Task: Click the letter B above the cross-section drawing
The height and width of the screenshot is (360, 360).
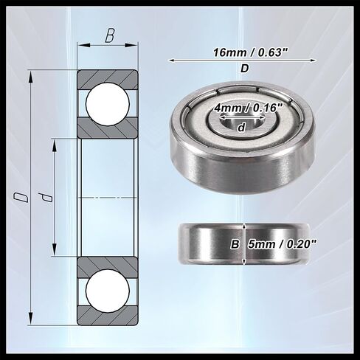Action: (109, 35)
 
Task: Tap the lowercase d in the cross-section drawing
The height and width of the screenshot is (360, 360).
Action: (46, 197)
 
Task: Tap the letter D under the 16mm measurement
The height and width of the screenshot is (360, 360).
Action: (244, 69)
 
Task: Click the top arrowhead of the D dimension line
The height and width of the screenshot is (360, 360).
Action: (30, 75)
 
